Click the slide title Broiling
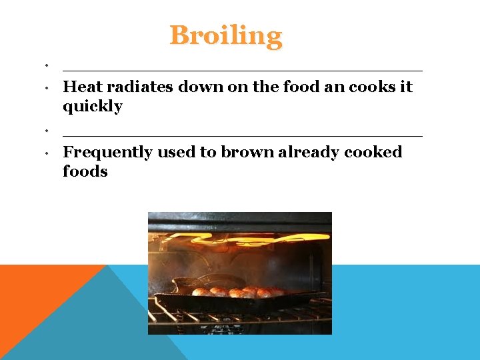coord(226,35)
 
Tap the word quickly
coord(92,107)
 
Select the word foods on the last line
coord(85,171)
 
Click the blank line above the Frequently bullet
coord(242,135)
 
